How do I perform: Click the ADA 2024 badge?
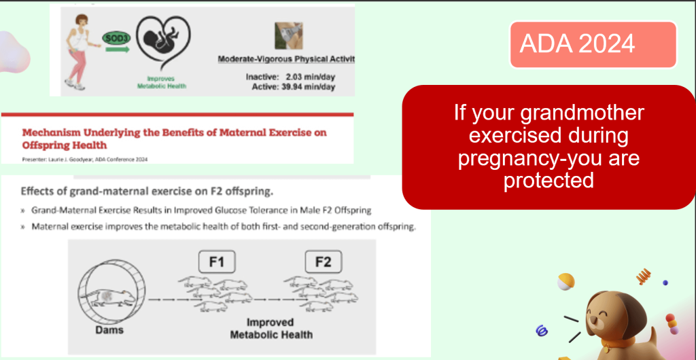(x=593, y=44)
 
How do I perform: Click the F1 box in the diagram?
(x=216, y=262)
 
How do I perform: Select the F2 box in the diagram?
(x=323, y=262)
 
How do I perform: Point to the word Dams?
(x=109, y=329)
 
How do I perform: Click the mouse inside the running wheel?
(x=113, y=298)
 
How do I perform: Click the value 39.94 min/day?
(x=309, y=87)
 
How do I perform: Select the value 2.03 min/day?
(x=310, y=77)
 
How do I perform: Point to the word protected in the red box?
(x=549, y=180)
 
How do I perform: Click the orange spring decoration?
(x=643, y=276)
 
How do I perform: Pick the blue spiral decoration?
(x=542, y=330)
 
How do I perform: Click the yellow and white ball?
(x=566, y=281)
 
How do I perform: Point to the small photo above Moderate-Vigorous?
(x=289, y=35)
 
